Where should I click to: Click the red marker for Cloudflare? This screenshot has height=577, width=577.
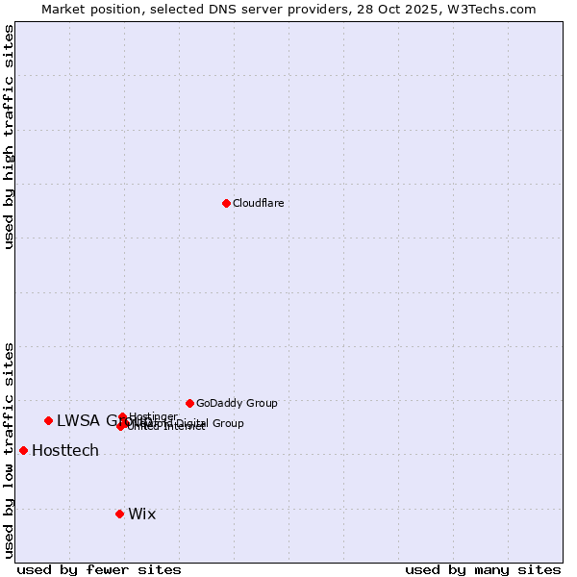[226, 203]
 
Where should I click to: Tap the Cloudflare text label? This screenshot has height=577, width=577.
[259, 203]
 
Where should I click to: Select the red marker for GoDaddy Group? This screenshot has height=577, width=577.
[189, 403]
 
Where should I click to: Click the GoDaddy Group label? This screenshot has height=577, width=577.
[237, 403]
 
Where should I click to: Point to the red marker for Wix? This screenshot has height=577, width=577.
[119, 514]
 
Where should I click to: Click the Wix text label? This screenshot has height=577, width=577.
[141, 514]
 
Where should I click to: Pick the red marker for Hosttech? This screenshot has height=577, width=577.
[23, 450]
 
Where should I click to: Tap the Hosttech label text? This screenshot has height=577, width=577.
[65, 450]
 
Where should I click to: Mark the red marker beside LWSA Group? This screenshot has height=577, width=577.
[48, 420]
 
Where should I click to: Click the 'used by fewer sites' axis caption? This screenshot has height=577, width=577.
[99, 569]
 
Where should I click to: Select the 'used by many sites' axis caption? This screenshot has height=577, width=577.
[483, 569]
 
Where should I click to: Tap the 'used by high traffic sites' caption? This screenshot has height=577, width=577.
[9, 137]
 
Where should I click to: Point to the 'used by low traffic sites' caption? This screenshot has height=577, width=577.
[9, 450]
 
